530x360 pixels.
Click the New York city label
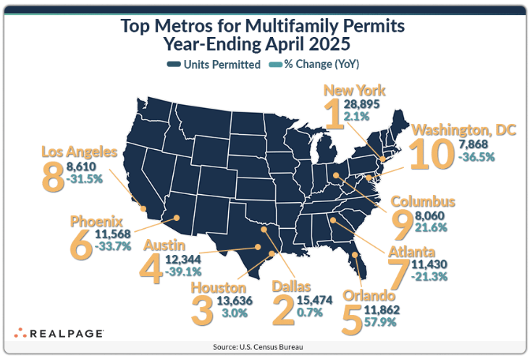pyautogui.click(x=353, y=91)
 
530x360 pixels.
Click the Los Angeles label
pyautogui.click(x=79, y=152)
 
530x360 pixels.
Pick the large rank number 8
pyautogui.click(x=53, y=176)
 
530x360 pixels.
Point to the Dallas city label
pyautogui.click(x=291, y=287)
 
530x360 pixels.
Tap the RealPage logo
pyautogui.click(x=59, y=333)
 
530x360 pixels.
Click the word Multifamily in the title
pyautogui.click(x=287, y=28)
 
